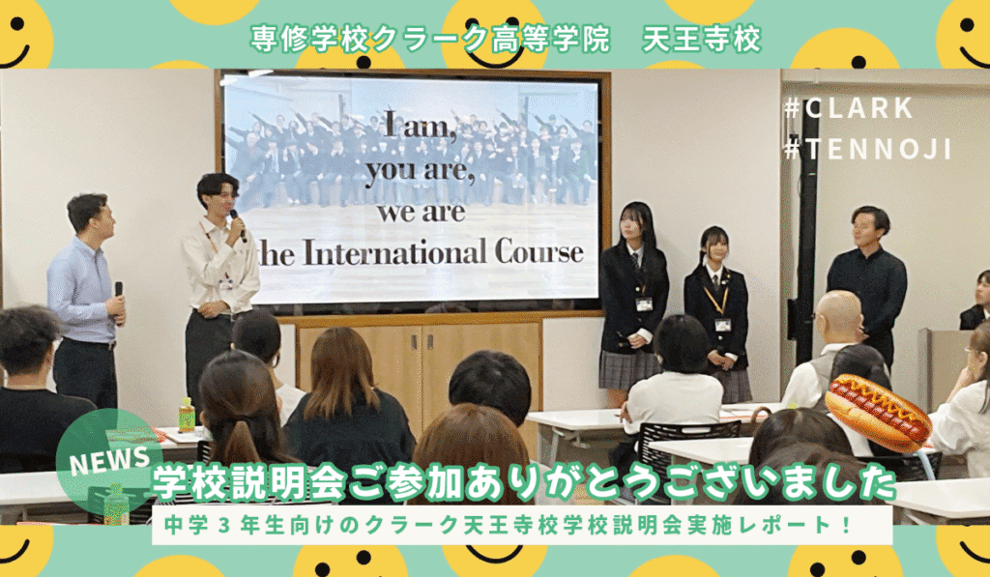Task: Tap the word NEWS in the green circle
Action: tap(110, 460)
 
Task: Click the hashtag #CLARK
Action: tap(848, 108)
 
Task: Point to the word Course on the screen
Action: tap(539, 252)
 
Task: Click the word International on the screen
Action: tap(395, 252)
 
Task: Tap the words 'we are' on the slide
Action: tap(422, 213)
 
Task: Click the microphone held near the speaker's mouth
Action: tap(238, 225)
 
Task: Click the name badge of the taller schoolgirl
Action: tap(643, 304)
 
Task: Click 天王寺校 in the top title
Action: tap(702, 40)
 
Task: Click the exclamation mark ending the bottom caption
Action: tap(846, 525)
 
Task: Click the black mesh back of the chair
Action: tap(687, 451)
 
